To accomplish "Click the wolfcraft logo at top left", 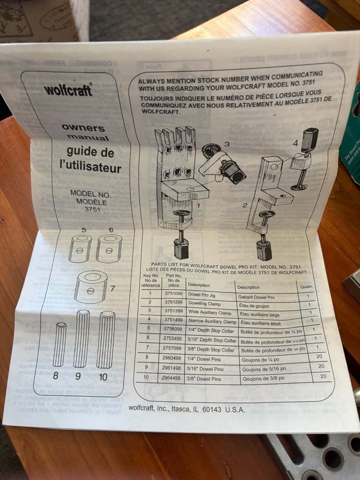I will (x=68, y=90).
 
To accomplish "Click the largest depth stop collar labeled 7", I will (x=91, y=287).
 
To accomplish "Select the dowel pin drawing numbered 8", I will (x=60, y=344).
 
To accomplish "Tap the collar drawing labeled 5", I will (x=80, y=248).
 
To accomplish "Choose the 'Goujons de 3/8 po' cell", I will (x=264, y=378).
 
